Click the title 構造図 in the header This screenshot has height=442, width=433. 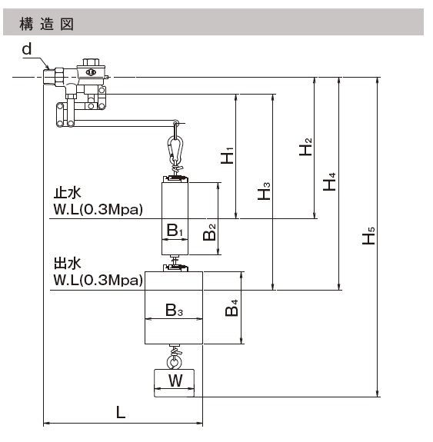coord(47,24)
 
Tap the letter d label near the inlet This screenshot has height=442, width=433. coord(27,49)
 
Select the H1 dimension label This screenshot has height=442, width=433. coord(228,155)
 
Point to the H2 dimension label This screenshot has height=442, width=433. coord(306,147)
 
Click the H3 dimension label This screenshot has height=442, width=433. coord(264,191)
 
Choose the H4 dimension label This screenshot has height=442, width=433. coord(329,182)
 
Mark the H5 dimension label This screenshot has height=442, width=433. coord(368,236)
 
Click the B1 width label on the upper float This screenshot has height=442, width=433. coord(175,231)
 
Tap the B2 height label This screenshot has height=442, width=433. coord(209,232)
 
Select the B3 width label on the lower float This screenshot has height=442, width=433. coord(175,310)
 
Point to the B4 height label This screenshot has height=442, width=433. coord(231,308)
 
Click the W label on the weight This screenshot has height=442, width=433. coord(175,381)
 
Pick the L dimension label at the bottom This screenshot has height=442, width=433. coord(121,413)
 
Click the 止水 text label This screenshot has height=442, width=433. coord(68,193)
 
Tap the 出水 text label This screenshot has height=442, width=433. coord(68,264)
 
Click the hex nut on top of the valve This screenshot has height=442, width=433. coord(91,61)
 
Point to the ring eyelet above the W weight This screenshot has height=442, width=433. coord(174,362)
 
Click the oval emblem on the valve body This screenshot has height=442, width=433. coord(91,72)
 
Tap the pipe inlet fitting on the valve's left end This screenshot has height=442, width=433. coord(50,76)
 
